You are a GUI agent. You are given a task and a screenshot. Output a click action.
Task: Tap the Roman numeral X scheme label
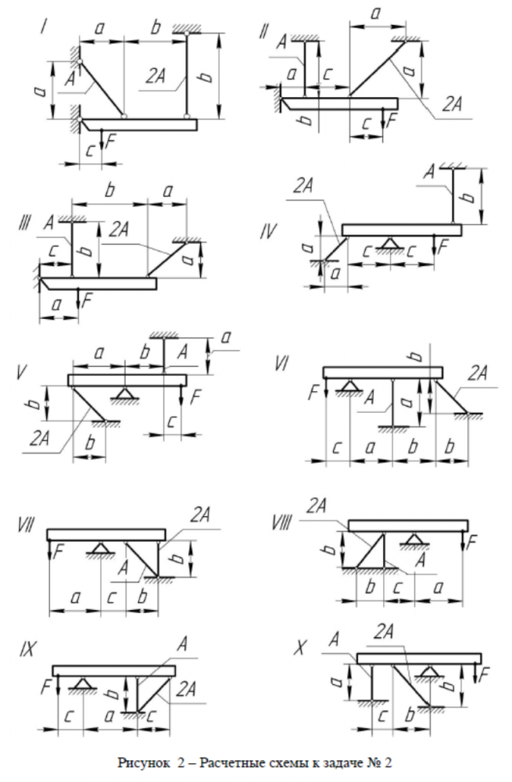pyautogui.click(x=300, y=648)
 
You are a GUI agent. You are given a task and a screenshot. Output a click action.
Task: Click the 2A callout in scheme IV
pyautogui.click(x=306, y=186)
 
